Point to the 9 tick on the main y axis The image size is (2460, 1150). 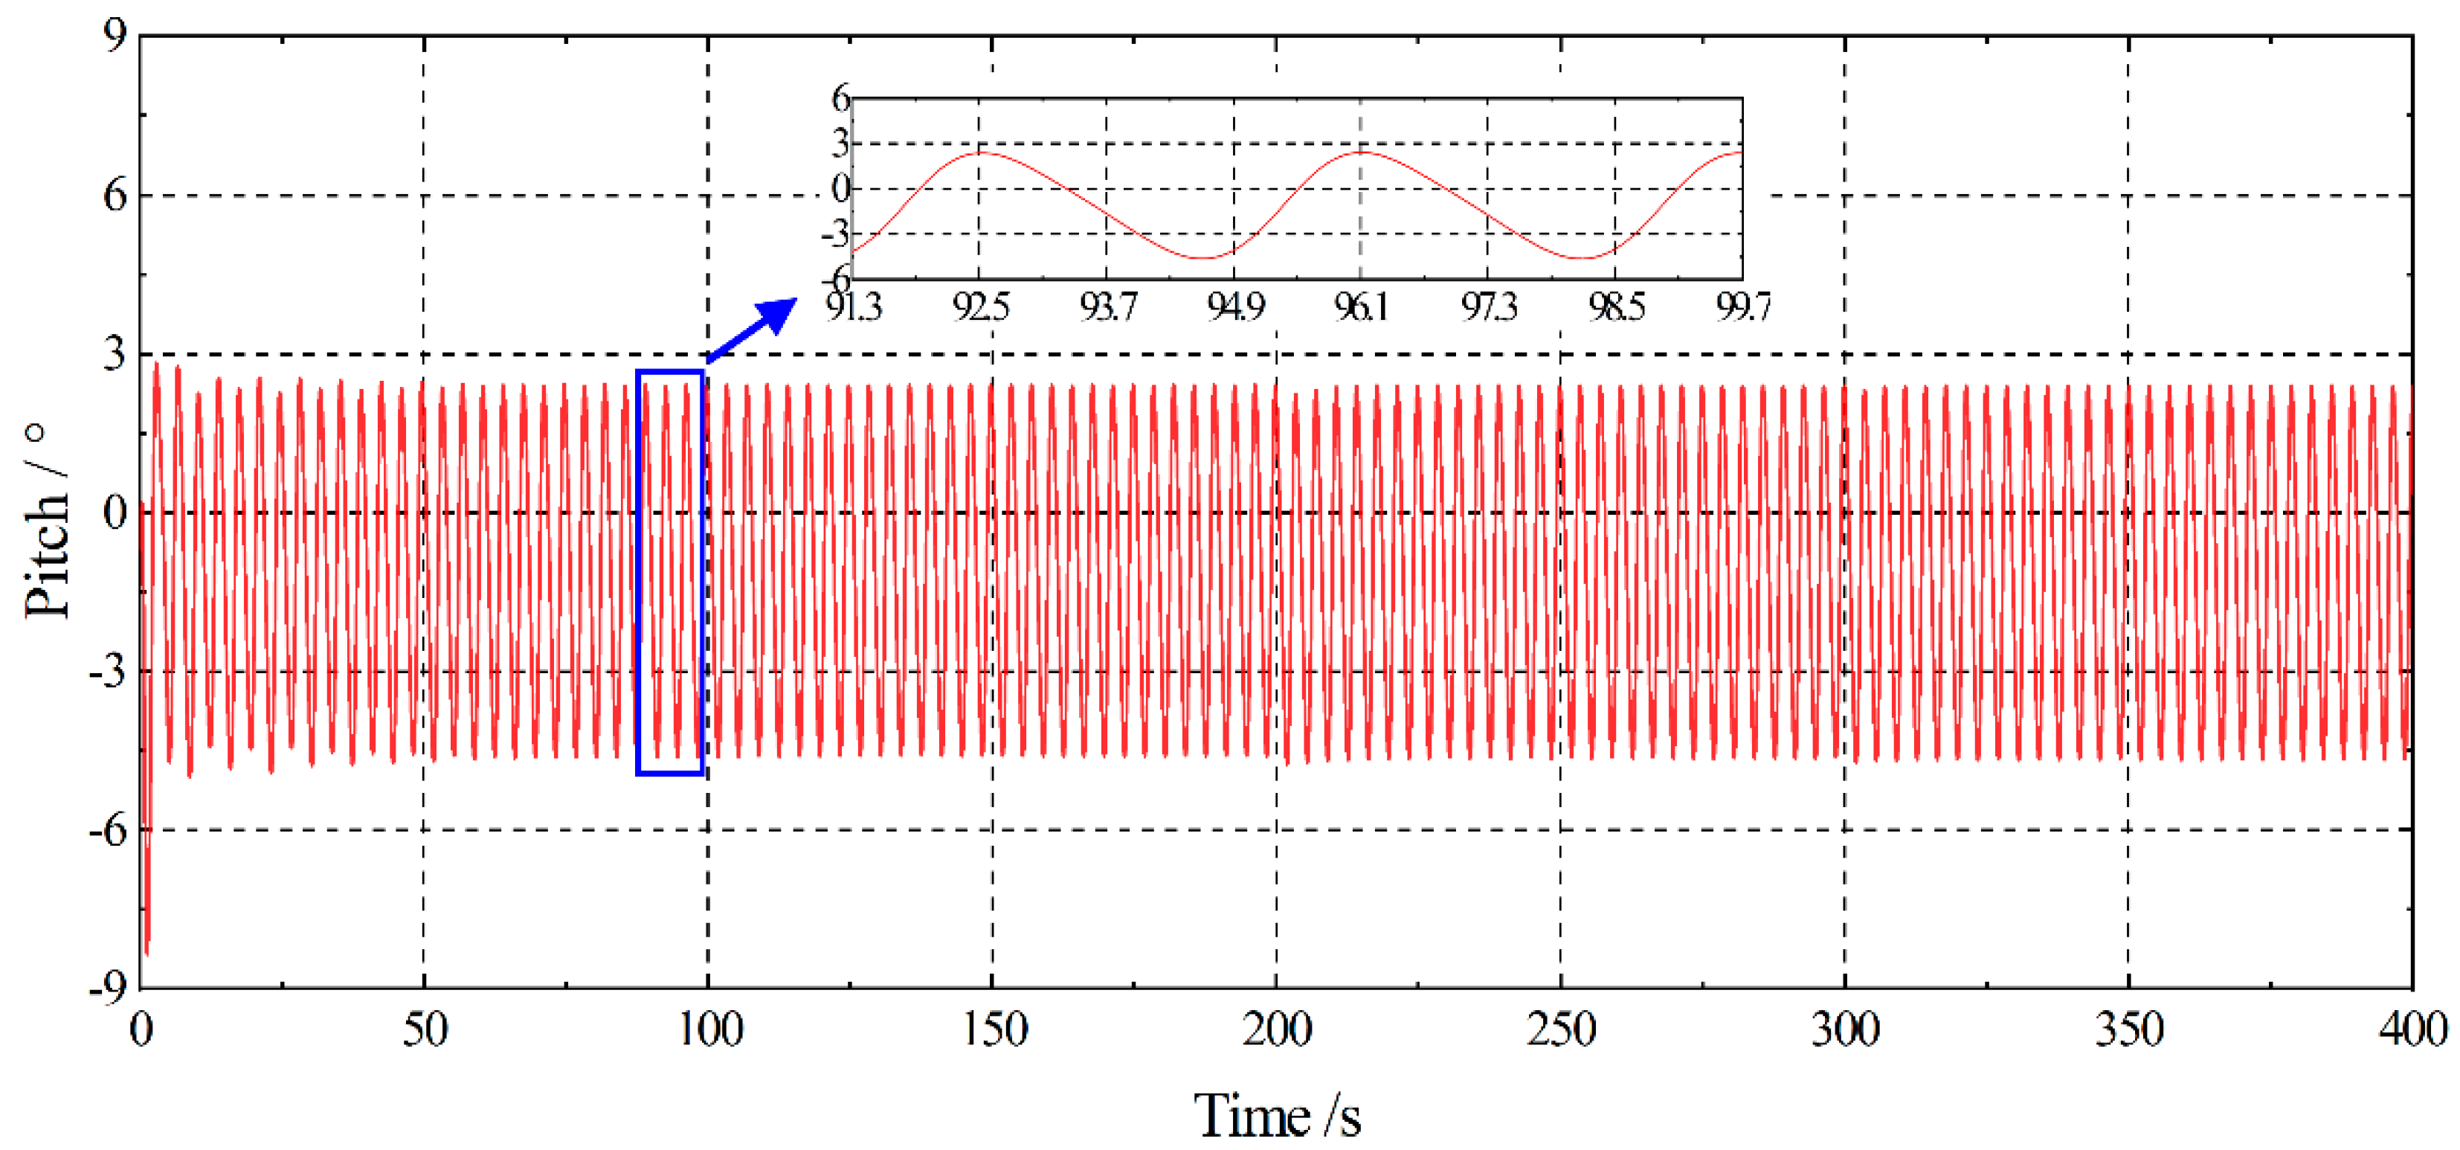click(115, 36)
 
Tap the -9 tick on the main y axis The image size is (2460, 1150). click(107, 988)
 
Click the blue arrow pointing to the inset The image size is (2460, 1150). click(754, 330)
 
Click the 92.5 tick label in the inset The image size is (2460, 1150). click(981, 307)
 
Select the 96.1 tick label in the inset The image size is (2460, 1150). click(1361, 307)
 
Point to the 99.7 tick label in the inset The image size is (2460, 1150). click(1743, 307)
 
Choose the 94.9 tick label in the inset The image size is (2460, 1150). click(1234, 307)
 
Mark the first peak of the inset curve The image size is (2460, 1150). click(981, 152)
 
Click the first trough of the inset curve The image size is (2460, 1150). click(1207, 258)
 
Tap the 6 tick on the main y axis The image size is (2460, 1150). click(115, 196)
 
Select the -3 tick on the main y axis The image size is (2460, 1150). click(107, 672)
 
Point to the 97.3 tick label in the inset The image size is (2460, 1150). click(1488, 307)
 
